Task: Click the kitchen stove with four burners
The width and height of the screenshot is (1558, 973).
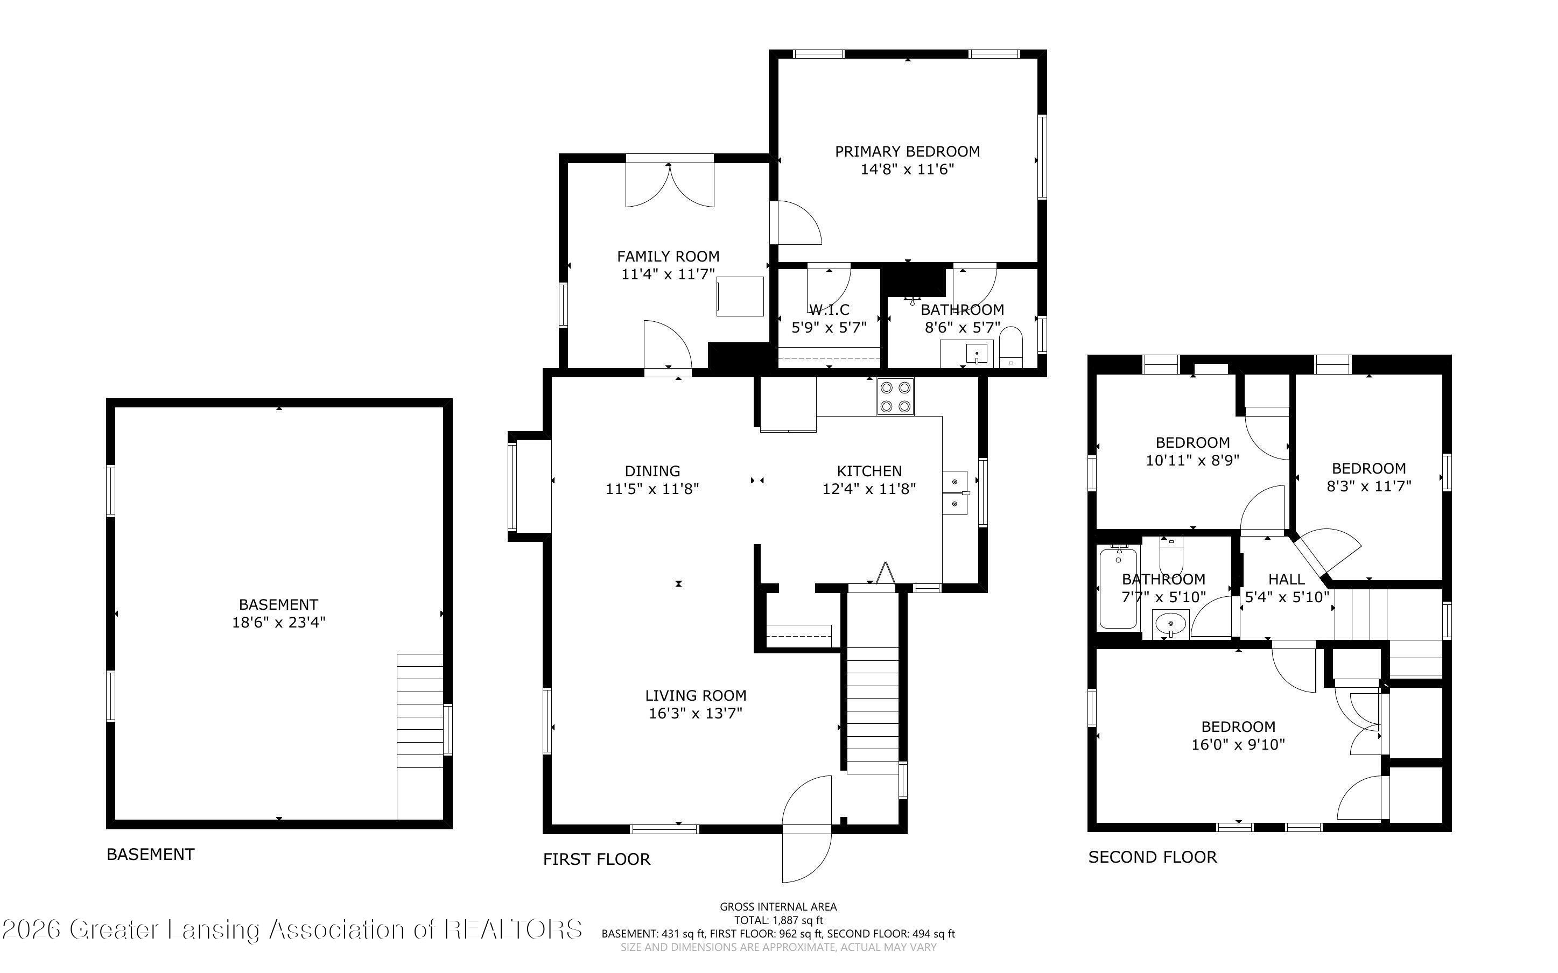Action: (x=895, y=397)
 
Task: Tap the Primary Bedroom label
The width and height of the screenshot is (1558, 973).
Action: (x=907, y=151)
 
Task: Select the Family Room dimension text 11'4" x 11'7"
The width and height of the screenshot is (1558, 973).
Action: (x=668, y=274)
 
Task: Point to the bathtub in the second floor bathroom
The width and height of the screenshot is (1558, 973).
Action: (x=1119, y=588)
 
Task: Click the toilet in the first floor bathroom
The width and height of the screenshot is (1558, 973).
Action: (x=1011, y=348)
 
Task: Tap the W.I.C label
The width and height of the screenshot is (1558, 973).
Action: (x=829, y=309)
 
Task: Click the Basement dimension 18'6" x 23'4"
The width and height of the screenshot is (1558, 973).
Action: (x=279, y=622)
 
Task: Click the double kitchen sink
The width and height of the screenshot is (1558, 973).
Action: (x=955, y=492)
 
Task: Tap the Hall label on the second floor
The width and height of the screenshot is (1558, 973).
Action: (x=1287, y=579)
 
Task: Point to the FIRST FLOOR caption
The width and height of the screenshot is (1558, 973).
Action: (x=596, y=859)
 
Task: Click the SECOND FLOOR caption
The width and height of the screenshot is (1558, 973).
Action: (x=1152, y=857)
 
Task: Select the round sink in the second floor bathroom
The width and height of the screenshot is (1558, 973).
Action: (x=1170, y=624)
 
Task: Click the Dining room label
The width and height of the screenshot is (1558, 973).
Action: (x=652, y=471)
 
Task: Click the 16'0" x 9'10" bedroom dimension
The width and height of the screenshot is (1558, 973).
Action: (x=1238, y=745)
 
